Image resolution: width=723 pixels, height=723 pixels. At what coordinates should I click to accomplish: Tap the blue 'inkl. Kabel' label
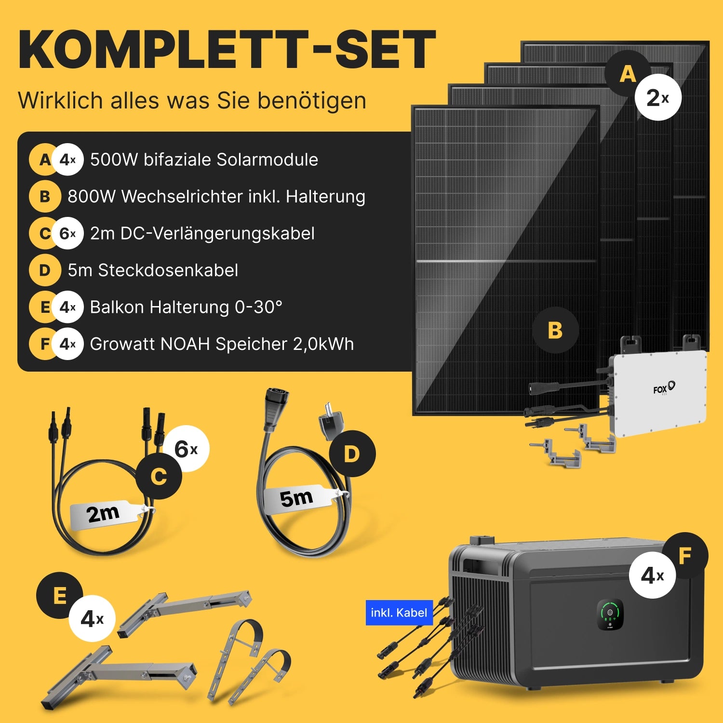(399, 613)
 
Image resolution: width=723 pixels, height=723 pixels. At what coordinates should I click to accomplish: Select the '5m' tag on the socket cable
(297, 498)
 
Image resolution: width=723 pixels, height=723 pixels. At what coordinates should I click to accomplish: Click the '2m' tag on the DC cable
(105, 513)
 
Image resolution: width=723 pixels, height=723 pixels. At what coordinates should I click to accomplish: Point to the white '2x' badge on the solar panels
(658, 97)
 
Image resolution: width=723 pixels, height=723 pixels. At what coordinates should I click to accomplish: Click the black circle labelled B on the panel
(555, 330)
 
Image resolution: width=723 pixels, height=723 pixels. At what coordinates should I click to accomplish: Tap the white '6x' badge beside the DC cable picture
(186, 449)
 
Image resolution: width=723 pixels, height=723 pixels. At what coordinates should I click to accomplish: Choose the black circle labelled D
(352, 454)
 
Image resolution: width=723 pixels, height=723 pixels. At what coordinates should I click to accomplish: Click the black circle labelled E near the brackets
(60, 595)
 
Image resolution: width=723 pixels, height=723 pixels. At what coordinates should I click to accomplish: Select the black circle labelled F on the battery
(685, 556)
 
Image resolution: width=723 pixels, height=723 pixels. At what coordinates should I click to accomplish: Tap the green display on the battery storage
(610, 614)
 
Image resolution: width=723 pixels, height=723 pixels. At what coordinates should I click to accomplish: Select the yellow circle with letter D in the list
(45, 270)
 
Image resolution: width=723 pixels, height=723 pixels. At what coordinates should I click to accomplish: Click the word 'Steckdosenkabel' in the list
(168, 270)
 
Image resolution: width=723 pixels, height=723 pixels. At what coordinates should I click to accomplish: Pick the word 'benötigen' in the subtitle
(312, 101)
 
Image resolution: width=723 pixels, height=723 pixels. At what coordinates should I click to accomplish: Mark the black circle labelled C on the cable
(159, 476)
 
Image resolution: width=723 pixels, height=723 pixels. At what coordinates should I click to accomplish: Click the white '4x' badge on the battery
(653, 575)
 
